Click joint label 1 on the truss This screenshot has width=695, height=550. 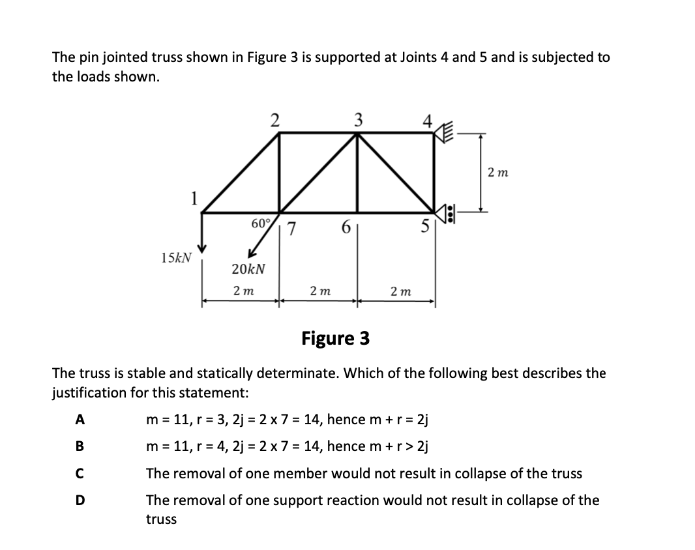(x=193, y=197)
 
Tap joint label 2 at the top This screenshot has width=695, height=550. (x=275, y=120)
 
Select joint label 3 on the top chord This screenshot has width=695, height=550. (x=357, y=120)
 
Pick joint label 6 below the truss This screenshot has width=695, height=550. (x=345, y=229)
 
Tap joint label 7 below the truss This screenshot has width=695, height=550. (x=293, y=229)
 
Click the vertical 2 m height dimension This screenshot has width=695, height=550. (x=497, y=173)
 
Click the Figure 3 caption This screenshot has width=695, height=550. (x=335, y=338)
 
